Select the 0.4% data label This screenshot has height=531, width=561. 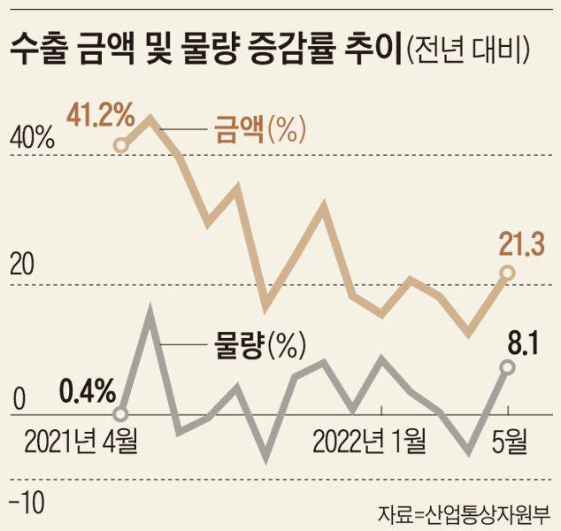pyautogui.click(x=88, y=389)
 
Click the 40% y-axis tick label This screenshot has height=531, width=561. pyautogui.click(x=33, y=140)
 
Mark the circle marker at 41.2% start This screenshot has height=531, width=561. pyautogui.click(x=122, y=145)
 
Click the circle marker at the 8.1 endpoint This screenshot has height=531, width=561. pyautogui.click(x=507, y=366)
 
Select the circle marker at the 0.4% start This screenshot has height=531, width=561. pyautogui.click(x=122, y=413)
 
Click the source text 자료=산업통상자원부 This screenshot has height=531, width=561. pyautogui.click(x=463, y=512)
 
